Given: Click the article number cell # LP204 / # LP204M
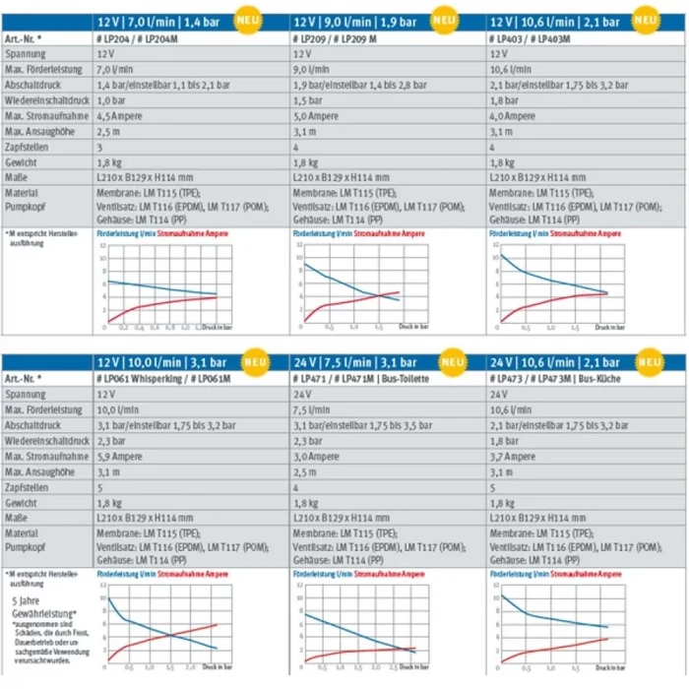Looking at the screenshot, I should pos(139,37).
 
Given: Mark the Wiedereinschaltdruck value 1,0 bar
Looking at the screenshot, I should pos(113,99).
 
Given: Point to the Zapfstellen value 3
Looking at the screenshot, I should pos(100,146).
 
